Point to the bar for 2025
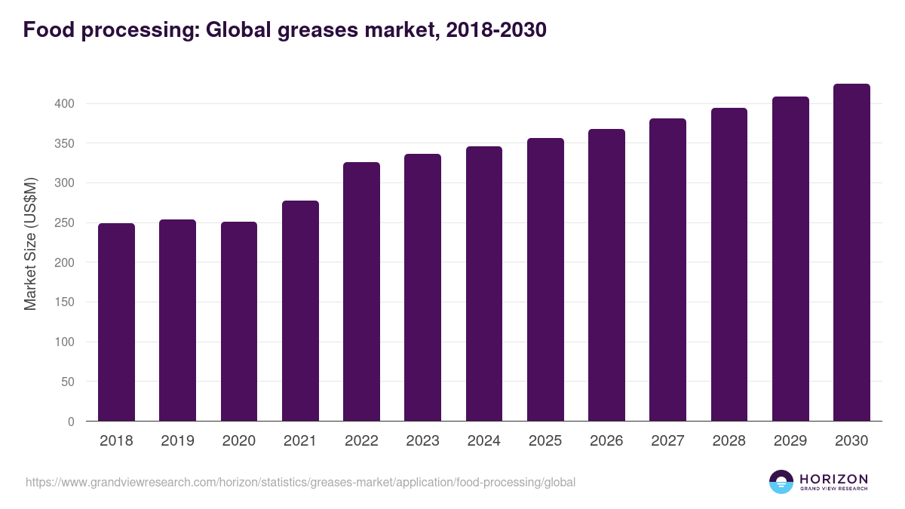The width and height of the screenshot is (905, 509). (545, 280)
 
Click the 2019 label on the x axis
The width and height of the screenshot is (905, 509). (177, 441)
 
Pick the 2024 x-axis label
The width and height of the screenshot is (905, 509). (483, 441)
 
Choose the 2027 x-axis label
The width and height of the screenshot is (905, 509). (667, 441)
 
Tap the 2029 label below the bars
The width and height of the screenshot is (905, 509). (790, 441)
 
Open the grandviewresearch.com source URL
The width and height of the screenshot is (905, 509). (300, 482)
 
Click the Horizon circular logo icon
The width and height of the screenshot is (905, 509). (781, 482)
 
